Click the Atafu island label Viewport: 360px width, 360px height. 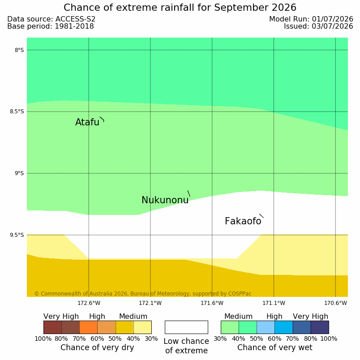pos(87,122)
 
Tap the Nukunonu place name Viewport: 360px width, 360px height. pos(165,200)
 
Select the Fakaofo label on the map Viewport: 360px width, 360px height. pos(243,221)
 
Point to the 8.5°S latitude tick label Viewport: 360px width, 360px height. pos(17,111)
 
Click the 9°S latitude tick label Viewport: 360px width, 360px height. pos(19,173)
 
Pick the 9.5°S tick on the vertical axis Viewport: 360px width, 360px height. pos(17,235)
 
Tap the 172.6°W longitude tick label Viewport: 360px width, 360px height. pos(89,303)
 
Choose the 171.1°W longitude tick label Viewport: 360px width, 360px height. pos(274,303)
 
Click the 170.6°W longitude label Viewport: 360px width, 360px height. pos(335,303)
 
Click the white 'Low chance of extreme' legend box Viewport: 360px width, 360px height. pos(186,327)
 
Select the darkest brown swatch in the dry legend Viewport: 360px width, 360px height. pos(52,327)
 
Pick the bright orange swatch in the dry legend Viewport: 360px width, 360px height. pos(88,327)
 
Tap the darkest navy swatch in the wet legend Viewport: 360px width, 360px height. pos(320,327)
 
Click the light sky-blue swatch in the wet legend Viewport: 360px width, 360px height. pos(266,327)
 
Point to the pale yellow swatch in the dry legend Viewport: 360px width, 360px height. pos(142,327)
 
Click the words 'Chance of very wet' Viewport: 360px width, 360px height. pos(275,347)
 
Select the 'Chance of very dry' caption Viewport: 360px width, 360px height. pos(97,347)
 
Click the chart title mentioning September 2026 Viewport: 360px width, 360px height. pos(180,8)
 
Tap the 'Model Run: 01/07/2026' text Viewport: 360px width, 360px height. pos(311,19)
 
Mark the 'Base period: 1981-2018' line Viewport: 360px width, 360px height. pos(51,26)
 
